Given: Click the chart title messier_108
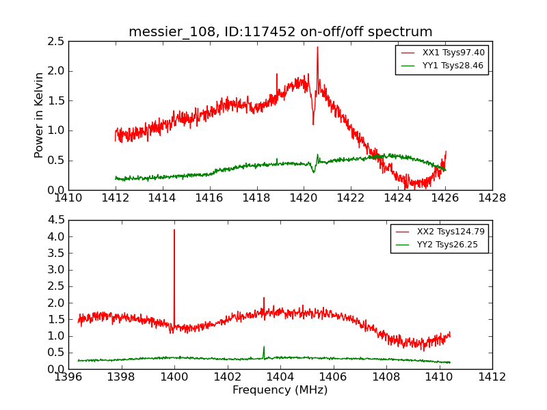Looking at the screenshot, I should point(280,31).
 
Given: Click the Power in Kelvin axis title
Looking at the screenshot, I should point(40,115).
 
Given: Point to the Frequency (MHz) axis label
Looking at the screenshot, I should point(280,390).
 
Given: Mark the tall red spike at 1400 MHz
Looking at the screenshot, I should point(174,230).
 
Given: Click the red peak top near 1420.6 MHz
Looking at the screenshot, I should point(317,47).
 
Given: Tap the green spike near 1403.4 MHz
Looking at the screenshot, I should point(264,346).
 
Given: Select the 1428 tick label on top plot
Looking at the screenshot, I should point(492,198).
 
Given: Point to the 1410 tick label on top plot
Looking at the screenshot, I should point(68,198).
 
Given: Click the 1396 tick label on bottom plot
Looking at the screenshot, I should point(68,377).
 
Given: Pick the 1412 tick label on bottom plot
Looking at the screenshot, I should point(492,377).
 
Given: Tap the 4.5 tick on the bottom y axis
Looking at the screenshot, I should point(57,220).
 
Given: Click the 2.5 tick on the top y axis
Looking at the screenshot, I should point(57,41).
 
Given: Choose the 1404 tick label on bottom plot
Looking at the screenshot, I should point(280,377).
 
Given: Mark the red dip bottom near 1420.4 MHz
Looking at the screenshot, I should point(313,124).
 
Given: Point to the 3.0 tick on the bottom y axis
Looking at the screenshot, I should point(57,270).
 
